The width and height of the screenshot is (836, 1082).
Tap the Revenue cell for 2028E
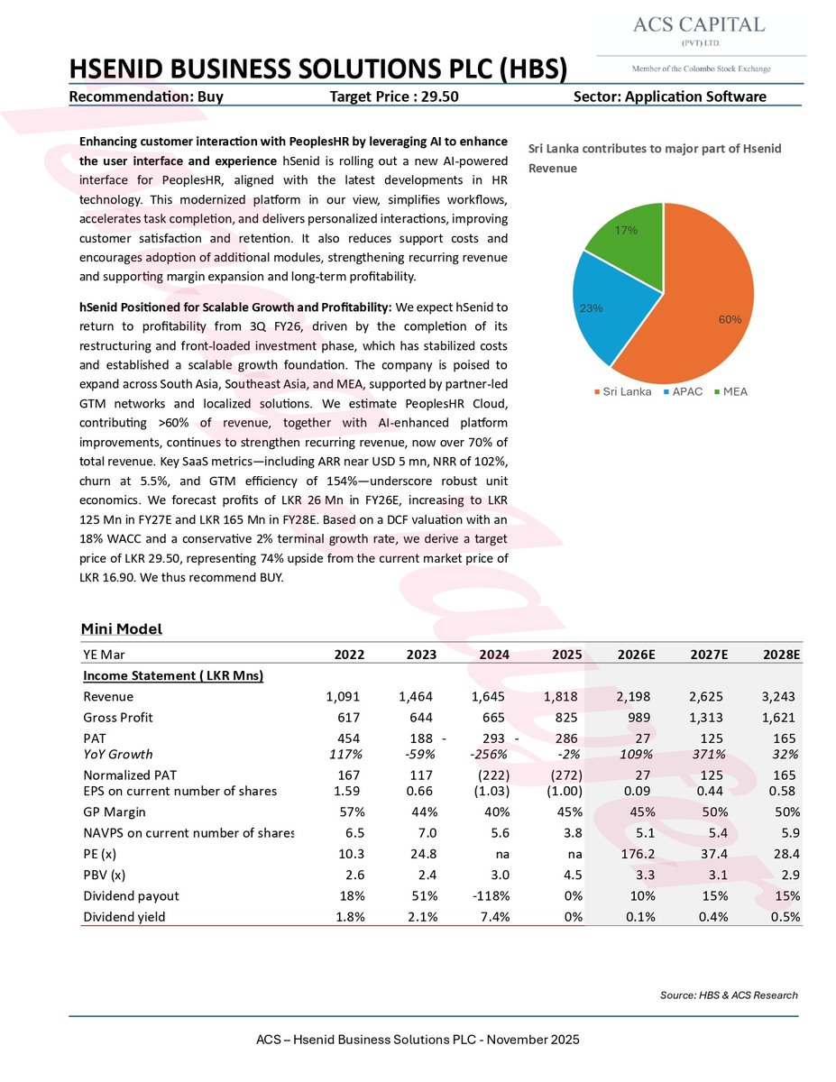[x=776, y=696]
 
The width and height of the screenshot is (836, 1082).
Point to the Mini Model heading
[x=122, y=628]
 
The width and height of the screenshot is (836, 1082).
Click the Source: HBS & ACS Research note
[x=729, y=995]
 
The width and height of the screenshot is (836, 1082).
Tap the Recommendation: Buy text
[x=146, y=96]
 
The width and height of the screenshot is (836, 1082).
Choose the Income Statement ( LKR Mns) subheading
[x=173, y=675]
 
